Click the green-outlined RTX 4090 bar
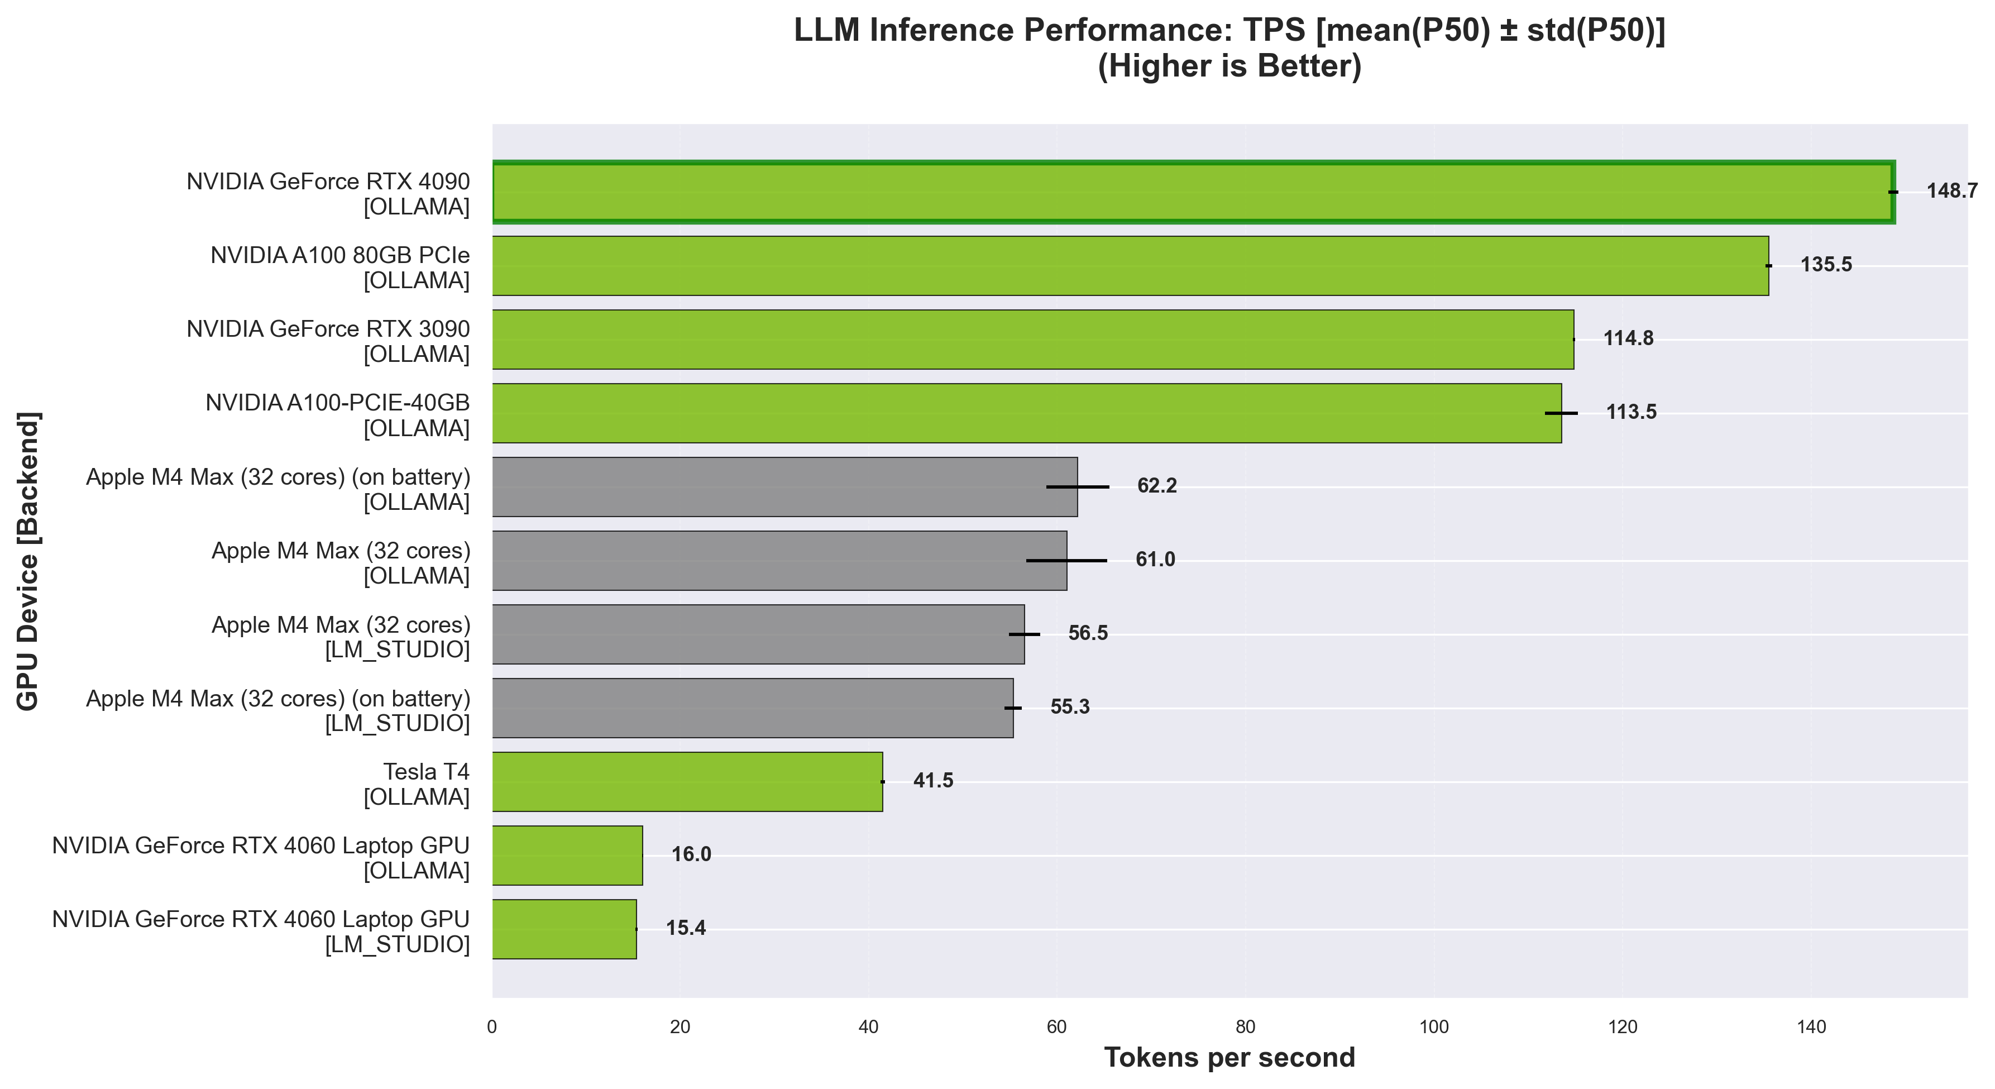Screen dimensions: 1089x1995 [1193, 192]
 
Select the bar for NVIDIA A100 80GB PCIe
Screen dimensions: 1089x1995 [1131, 266]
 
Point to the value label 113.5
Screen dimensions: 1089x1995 [1631, 412]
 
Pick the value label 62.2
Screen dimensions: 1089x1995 [1156, 486]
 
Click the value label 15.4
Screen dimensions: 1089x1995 [686, 928]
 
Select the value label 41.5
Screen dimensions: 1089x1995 [933, 781]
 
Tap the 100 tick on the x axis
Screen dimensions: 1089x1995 [1433, 1028]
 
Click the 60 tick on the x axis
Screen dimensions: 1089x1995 [1057, 1028]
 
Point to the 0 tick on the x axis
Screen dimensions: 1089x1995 [492, 1028]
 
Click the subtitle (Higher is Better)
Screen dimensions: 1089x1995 [1229, 66]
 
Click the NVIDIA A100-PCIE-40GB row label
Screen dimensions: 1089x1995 [338, 415]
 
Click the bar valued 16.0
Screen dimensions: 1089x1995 [567, 855]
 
